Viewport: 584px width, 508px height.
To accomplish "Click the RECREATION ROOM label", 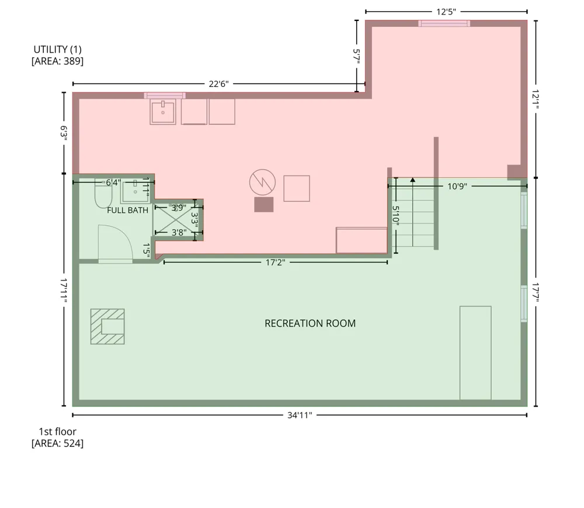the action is [x=310, y=323].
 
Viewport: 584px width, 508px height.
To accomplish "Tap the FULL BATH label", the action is [x=127, y=210].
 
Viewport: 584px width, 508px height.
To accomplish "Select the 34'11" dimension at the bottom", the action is [x=300, y=415].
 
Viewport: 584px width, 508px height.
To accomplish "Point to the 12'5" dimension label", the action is [x=446, y=12].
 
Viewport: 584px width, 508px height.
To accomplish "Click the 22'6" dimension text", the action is [x=218, y=83].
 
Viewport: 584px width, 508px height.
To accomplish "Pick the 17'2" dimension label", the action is [x=275, y=262].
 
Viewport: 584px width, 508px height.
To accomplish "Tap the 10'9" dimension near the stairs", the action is [x=457, y=186].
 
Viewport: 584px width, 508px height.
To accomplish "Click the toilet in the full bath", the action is [x=103, y=194].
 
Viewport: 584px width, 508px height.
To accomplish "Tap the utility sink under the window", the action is [x=163, y=111].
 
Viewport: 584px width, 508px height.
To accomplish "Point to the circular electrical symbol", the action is [x=263, y=182].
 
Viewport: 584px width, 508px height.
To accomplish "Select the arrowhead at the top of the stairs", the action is [x=413, y=180].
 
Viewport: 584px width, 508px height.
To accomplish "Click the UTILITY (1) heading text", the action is [x=57, y=50].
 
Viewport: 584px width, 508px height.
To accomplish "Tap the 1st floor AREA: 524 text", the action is [x=57, y=437].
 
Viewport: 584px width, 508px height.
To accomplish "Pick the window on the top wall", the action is [x=444, y=23].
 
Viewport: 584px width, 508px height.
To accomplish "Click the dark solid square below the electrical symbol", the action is [x=264, y=205].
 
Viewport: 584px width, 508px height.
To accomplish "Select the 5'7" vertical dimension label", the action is [x=356, y=56].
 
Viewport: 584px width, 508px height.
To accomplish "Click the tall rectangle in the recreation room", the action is [x=475, y=353].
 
